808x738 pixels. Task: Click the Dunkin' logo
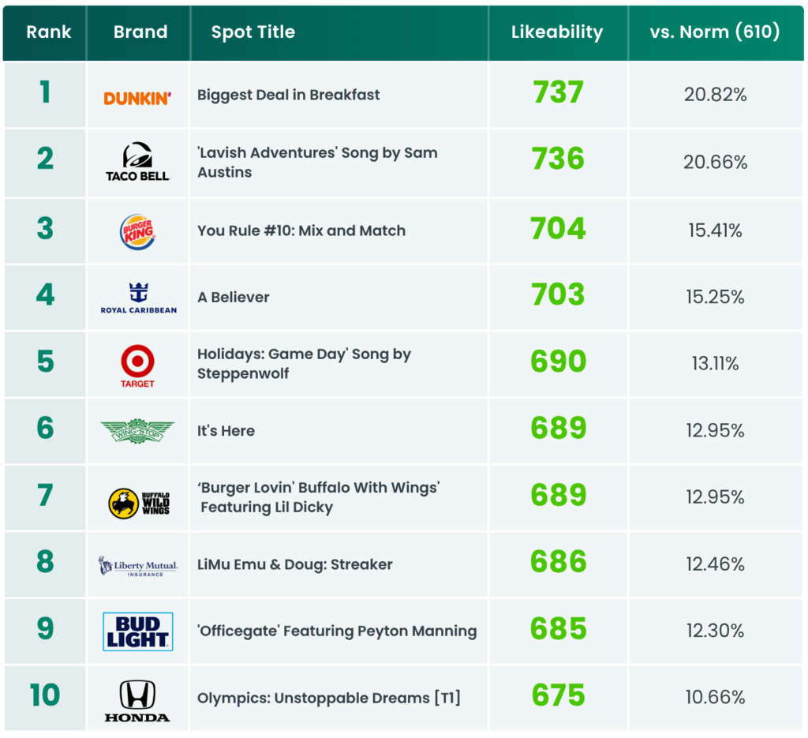pyautogui.click(x=137, y=98)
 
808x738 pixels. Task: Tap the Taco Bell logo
pyautogui.click(x=137, y=162)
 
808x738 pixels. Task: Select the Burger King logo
pyautogui.click(x=137, y=232)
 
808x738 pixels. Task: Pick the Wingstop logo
pyautogui.click(x=137, y=431)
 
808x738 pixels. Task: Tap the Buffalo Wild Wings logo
pyautogui.click(x=139, y=503)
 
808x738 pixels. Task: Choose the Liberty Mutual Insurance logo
pyautogui.click(x=138, y=566)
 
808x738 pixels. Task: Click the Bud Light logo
pyautogui.click(x=138, y=631)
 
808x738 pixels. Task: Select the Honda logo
pyautogui.click(x=137, y=701)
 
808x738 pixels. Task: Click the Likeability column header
pyautogui.click(x=557, y=32)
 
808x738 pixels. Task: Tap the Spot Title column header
pyautogui.click(x=253, y=32)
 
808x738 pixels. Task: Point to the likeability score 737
pyautogui.click(x=558, y=93)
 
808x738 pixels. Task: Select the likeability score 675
pyautogui.click(x=558, y=695)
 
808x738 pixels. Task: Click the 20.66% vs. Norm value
pyautogui.click(x=715, y=163)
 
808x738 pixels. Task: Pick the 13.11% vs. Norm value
pyautogui.click(x=715, y=364)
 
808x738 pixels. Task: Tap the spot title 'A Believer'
pyautogui.click(x=234, y=298)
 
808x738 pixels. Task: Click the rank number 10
pyautogui.click(x=45, y=695)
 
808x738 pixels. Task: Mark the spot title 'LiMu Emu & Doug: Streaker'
pyautogui.click(x=295, y=565)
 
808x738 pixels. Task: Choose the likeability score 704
pyautogui.click(x=558, y=229)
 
